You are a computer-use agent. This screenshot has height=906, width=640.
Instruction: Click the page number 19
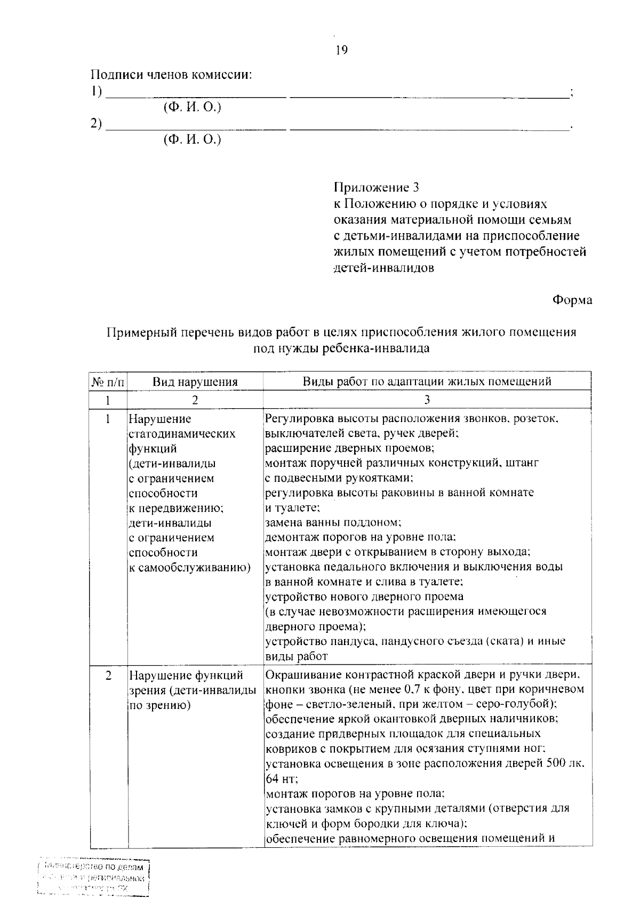click(x=341, y=51)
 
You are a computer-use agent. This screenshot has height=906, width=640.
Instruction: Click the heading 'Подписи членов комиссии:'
click(x=171, y=75)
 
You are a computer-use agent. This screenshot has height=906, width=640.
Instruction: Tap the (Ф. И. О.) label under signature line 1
click(x=192, y=107)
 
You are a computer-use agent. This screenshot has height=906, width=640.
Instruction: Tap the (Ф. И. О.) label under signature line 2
click(x=192, y=140)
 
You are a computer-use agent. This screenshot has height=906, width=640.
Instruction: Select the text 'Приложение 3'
click(x=376, y=188)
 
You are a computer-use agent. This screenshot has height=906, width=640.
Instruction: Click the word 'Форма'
click(x=572, y=300)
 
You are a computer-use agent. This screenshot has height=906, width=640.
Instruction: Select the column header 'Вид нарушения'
click(x=195, y=382)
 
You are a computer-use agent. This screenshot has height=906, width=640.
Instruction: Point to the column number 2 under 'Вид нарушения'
click(x=195, y=400)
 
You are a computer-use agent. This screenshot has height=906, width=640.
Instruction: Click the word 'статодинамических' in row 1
click(x=182, y=434)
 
